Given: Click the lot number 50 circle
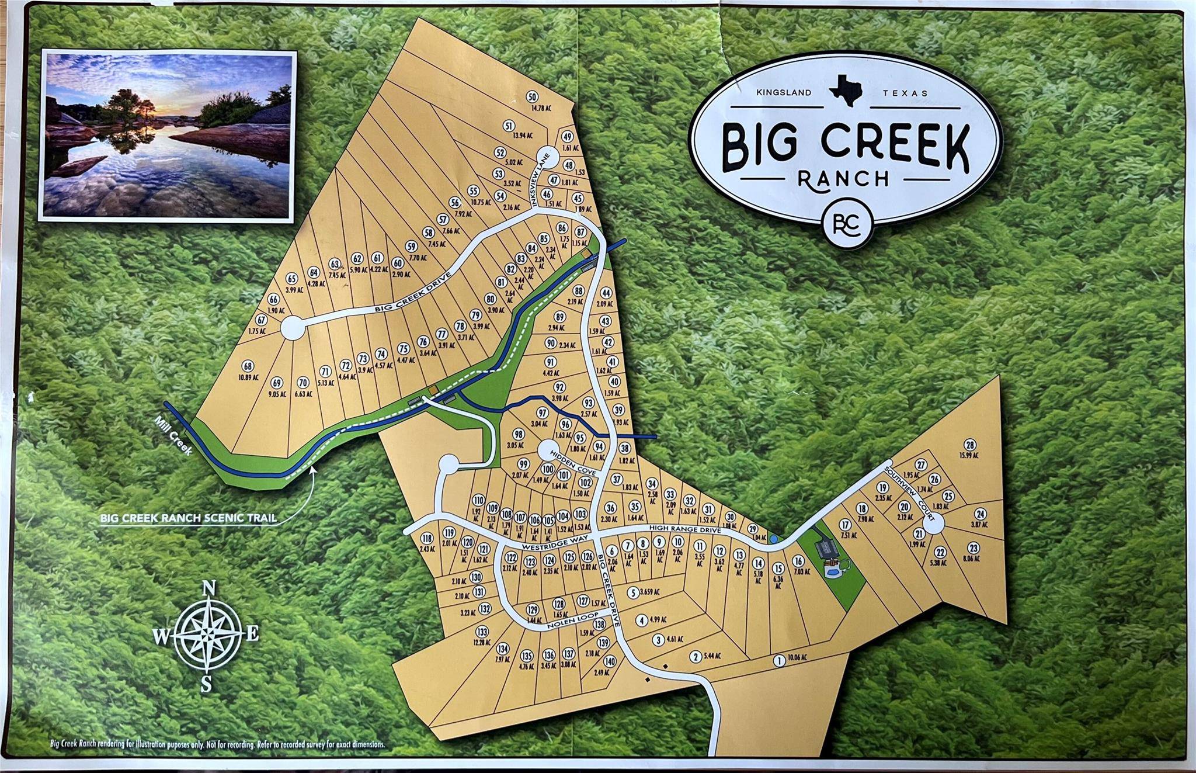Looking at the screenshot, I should tap(531, 97).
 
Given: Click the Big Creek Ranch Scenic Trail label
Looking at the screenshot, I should tap(188, 518).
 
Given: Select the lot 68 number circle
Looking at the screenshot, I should tap(248, 366).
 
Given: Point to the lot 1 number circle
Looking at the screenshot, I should tap(778, 661).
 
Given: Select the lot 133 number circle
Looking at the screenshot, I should tap(481, 632).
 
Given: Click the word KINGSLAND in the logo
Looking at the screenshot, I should tap(784, 92).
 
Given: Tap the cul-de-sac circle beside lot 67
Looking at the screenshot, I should tap(293, 328).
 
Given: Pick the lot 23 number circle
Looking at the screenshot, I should tap(973, 547).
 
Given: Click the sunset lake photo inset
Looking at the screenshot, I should tap(168, 136).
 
